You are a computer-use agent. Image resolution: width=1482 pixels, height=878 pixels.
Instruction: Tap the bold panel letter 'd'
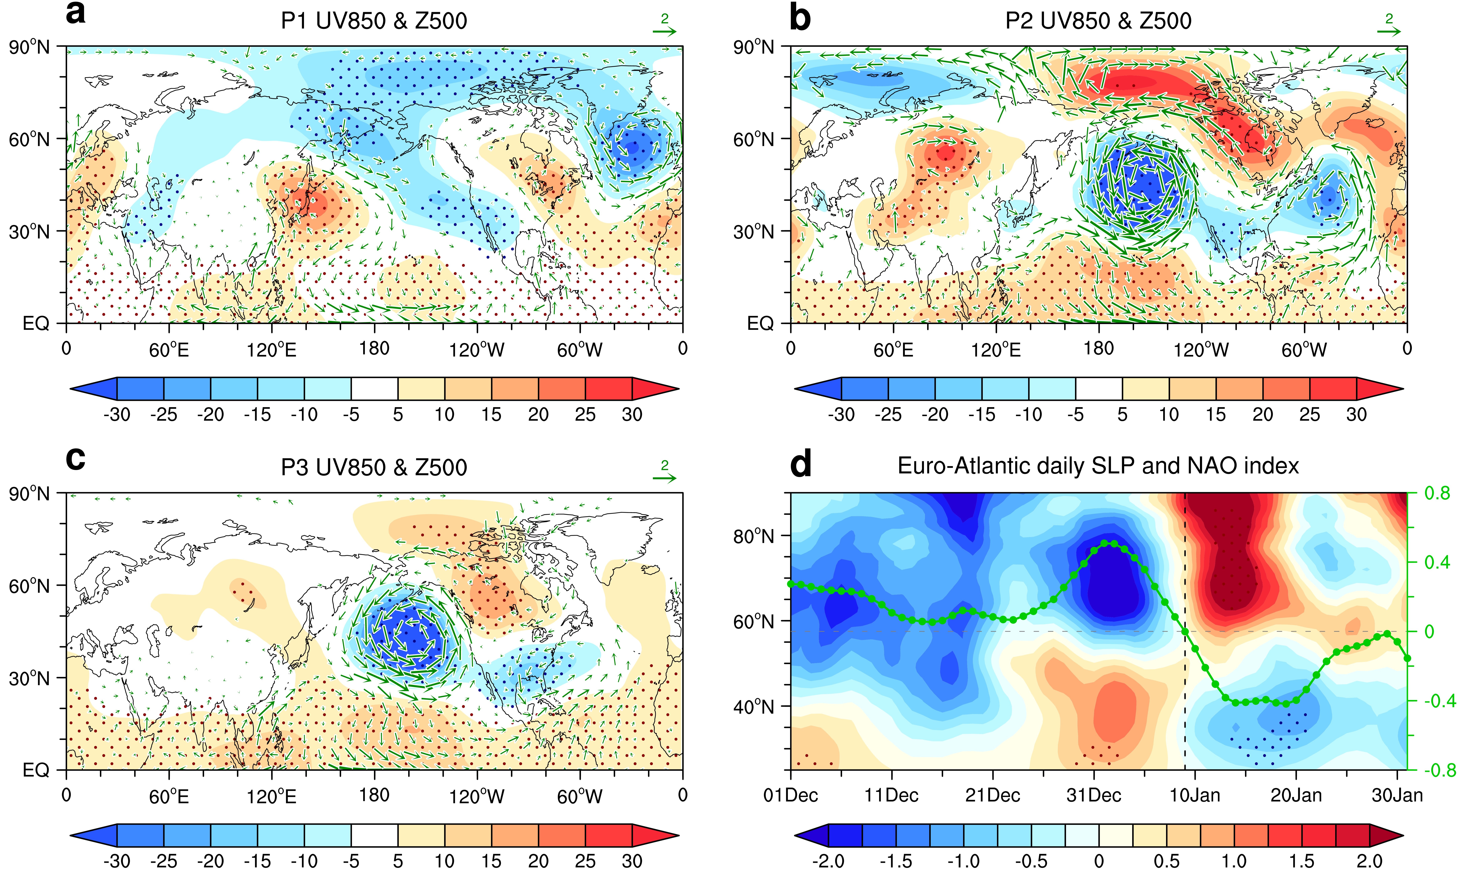(x=801, y=464)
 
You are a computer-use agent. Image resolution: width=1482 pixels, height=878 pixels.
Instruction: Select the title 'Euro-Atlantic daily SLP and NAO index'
(x=1098, y=466)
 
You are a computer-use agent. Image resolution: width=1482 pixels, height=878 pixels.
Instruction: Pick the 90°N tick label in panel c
(x=30, y=493)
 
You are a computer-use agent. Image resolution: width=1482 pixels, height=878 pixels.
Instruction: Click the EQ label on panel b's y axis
(x=761, y=323)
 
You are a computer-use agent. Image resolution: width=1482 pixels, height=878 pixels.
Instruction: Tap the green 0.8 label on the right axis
(x=1437, y=493)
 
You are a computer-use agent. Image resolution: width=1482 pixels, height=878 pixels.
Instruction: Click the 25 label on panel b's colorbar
(x=1310, y=414)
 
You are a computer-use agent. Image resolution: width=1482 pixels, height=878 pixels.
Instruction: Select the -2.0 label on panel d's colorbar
(x=829, y=861)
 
